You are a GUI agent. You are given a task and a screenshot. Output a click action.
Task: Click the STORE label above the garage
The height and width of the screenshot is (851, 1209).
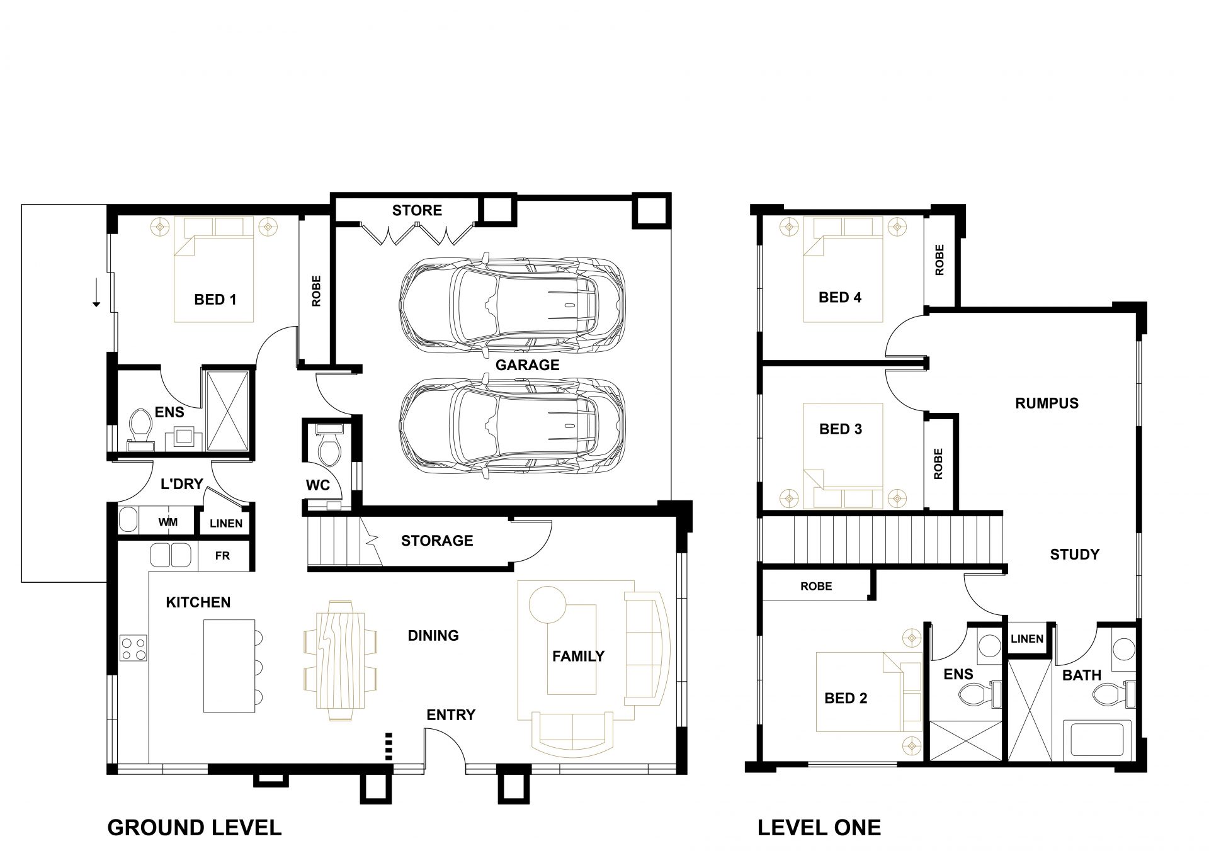tap(417, 210)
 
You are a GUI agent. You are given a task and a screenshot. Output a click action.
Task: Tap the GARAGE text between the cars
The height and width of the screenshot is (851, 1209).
tap(527, 365)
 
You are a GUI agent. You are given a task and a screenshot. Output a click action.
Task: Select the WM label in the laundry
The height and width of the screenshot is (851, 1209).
tap(168, 522)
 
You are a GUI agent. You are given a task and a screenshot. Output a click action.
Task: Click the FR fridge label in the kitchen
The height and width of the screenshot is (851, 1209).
tap(222, 556)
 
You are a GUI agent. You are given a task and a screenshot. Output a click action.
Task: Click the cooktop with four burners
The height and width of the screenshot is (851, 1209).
tap(133, 648)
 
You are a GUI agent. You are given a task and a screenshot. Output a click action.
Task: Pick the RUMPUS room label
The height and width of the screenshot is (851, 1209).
tap(1047, 403)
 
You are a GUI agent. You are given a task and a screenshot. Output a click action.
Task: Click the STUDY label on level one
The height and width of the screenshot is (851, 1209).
tap(1075, 555)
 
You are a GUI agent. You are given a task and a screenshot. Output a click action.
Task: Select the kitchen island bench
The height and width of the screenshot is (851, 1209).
tap(229, 665)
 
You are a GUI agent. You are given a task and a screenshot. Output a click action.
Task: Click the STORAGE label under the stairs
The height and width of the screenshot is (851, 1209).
tap(437, 541)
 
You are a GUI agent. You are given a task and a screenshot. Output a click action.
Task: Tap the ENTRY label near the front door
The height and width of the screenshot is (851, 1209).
tap(451, 715)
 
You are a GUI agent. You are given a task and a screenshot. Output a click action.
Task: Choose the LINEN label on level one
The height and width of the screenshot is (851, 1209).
tap(1027, 639)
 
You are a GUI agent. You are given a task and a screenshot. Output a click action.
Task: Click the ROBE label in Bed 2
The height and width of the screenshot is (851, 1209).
tap(816, 587)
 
